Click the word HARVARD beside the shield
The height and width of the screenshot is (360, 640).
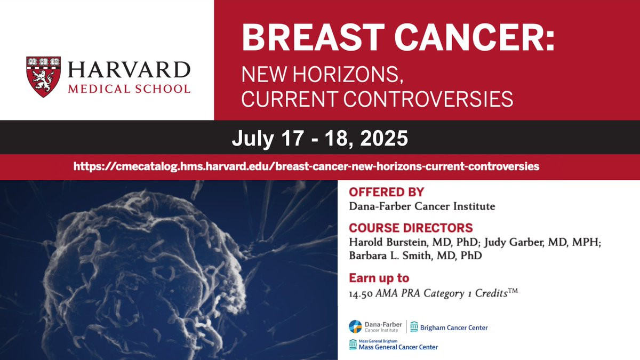130,70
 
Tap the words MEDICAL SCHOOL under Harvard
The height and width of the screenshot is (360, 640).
129,89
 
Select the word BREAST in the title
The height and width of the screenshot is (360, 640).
314,37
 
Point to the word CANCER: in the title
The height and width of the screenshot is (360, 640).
475,37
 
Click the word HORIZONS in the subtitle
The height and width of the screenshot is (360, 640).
348,75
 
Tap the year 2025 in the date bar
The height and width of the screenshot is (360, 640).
384,138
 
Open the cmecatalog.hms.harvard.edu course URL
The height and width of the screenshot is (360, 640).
306,166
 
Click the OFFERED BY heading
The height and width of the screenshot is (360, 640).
386,192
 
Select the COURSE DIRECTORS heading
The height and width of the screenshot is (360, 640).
411,228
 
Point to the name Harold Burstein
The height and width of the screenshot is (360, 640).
388,242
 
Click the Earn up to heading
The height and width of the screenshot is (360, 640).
379,278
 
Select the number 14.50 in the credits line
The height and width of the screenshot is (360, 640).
361,294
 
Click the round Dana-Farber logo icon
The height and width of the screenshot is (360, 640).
355,326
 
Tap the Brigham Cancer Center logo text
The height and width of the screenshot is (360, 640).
454,327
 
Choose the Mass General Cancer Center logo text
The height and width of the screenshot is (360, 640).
398,347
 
